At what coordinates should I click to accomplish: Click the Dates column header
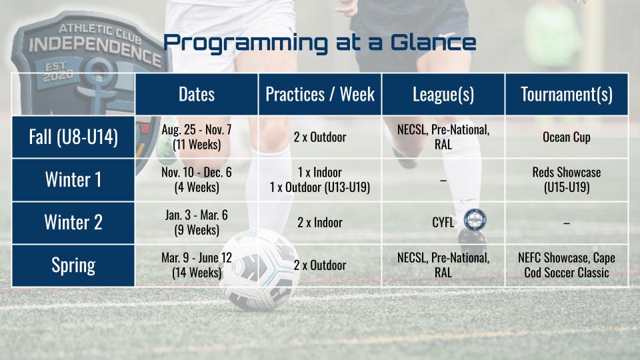coord(196,94)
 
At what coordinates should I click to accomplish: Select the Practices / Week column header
coord(320,94)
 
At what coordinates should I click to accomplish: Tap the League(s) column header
coord(443,94)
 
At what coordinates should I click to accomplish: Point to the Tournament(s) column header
coord(567,94)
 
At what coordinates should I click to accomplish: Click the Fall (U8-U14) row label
coord(73,137)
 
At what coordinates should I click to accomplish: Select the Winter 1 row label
coord(73,180)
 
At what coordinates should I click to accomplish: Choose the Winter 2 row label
coord(73,223)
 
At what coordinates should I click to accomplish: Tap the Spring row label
coord(73,266)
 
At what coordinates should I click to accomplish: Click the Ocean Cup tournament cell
coord(567,137)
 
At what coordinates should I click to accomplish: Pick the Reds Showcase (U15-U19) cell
coord(567,180)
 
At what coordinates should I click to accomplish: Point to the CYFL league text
coord(443,223)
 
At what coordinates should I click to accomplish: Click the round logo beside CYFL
coord(475,220)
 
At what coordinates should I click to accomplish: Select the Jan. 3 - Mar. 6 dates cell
coord(196,223)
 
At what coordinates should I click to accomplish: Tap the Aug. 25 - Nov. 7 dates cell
coord(196,137)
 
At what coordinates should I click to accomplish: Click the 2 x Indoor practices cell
coord(320,223)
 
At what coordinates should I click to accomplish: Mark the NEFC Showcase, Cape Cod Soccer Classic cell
coord(567,266)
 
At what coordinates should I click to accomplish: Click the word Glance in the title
coord(433,43)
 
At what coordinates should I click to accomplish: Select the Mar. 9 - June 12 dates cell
coord(196,266)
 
